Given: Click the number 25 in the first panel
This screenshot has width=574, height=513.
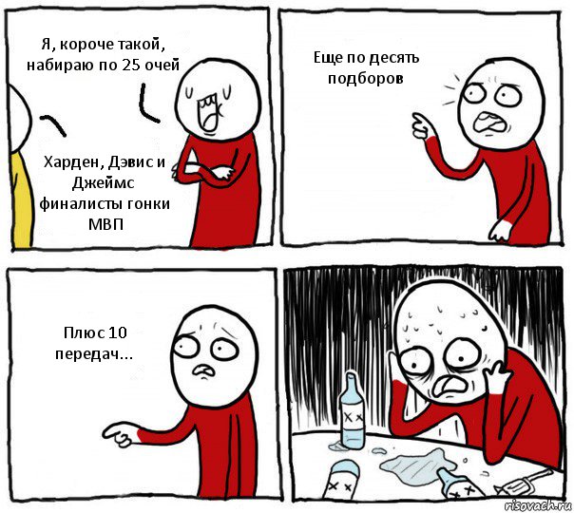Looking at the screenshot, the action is [130, 66].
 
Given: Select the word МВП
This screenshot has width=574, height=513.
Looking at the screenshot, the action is [105, 223].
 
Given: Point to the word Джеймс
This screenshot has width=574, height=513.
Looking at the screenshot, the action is [103, 183].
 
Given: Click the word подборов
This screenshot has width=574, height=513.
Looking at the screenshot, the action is [366, 78].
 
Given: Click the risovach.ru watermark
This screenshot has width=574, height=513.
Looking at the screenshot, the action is [537, 505].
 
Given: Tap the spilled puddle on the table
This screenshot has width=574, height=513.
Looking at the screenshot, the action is [417, 465].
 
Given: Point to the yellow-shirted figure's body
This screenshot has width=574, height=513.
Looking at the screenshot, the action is [21, 199].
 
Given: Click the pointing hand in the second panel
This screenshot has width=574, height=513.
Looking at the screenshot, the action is [422, 126].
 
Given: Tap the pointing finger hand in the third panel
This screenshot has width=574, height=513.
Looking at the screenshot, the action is [119, 434].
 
